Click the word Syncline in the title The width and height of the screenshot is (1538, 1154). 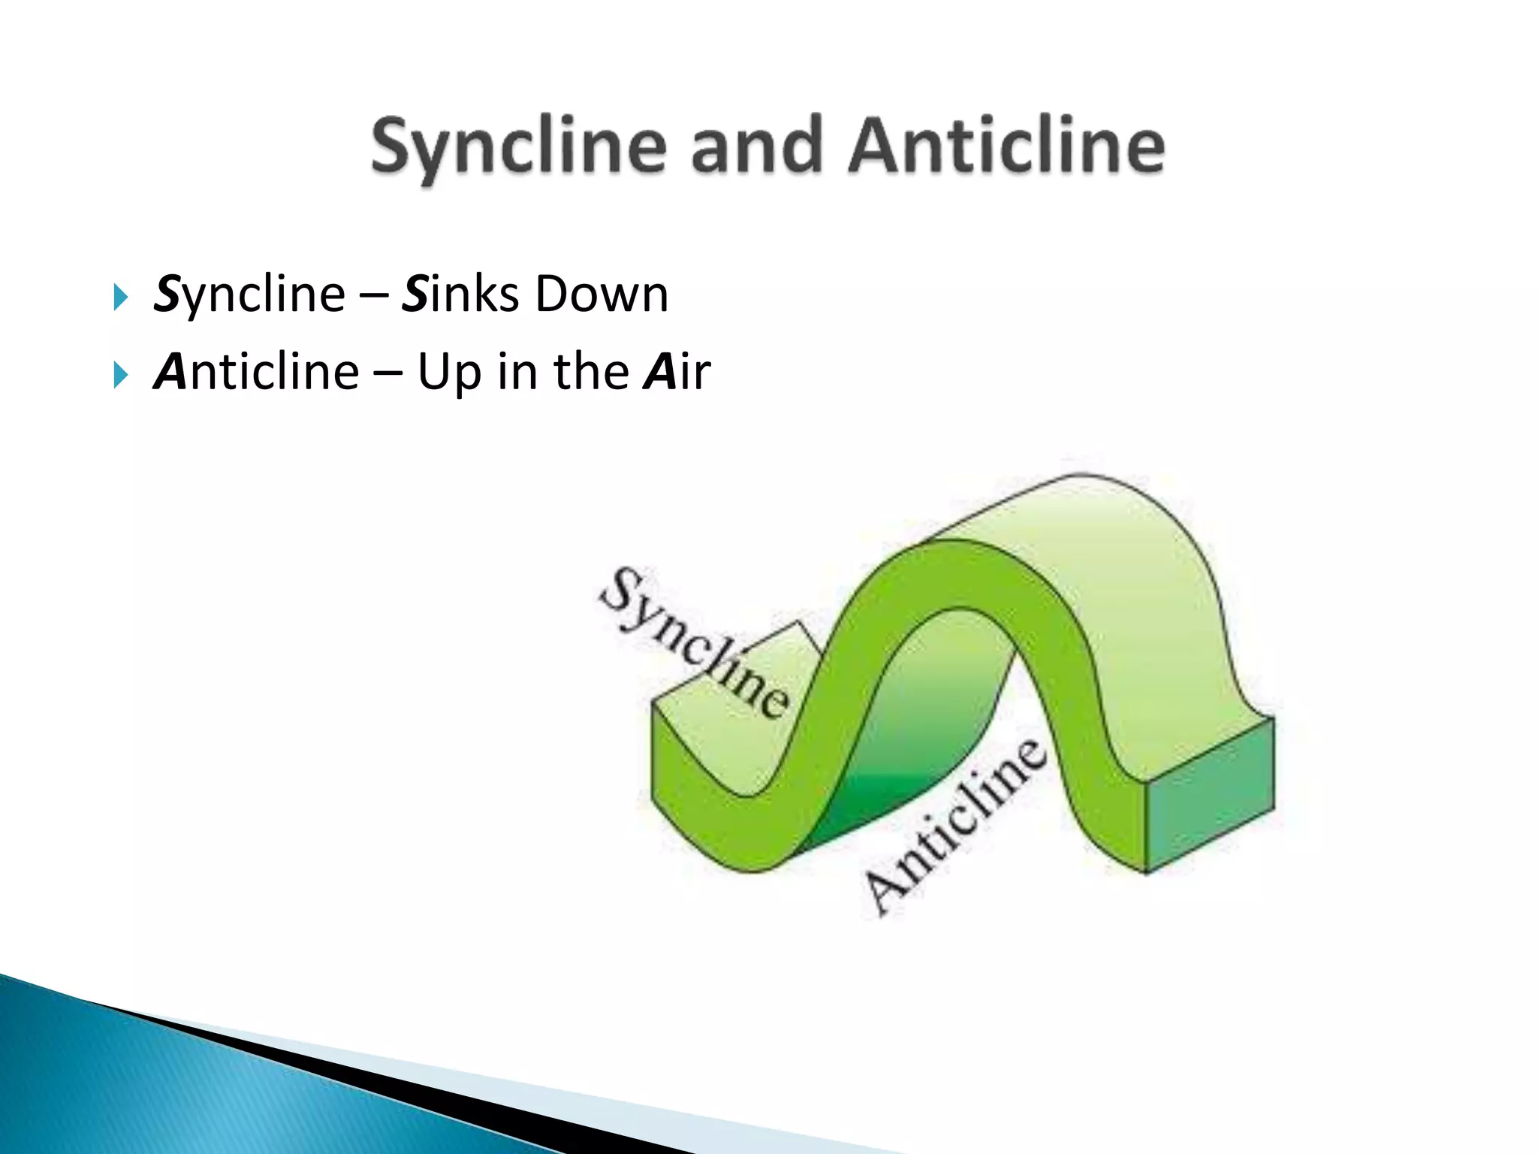519,147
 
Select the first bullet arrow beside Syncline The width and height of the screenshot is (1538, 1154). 119,297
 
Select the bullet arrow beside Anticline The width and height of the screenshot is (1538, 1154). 119,374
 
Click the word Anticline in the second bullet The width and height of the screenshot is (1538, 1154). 256,372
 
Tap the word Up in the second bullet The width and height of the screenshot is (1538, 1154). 449,373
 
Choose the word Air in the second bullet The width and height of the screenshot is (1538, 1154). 677,372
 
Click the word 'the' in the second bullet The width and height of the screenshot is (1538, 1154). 591,371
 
